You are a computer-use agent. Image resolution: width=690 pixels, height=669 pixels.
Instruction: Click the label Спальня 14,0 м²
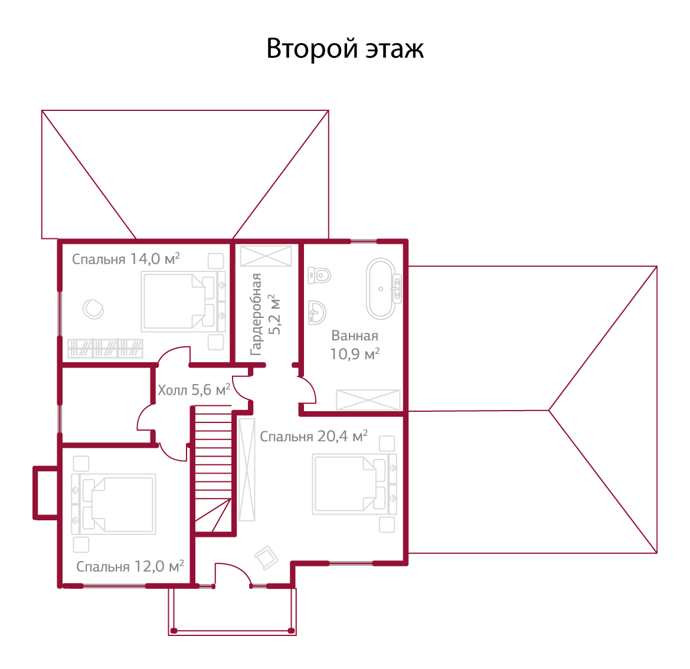[x=126, y=260]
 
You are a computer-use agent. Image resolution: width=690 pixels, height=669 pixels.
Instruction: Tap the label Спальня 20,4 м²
[x=313, y=437]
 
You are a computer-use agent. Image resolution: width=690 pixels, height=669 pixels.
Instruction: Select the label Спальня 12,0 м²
[x=130, y=567]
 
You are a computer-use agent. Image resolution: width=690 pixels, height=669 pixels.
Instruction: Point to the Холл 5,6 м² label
[x=194, y=390]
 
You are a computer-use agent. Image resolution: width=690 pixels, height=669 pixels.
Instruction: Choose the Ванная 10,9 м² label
[x=354, y=345]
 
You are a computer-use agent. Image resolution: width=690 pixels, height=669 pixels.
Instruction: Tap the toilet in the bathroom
[x=320, y=275]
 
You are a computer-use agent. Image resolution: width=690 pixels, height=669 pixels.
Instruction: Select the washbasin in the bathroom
[x=317, y=311]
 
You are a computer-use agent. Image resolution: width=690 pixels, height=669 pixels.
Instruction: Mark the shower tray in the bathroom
[x=368, y=400]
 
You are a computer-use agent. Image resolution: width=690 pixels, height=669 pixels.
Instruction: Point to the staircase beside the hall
[x=213, y=466]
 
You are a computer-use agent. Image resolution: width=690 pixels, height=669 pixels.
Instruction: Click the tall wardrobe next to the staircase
[x=247, y=469]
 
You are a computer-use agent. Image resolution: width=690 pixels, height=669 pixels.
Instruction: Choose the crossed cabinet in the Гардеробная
[x=266, y=256]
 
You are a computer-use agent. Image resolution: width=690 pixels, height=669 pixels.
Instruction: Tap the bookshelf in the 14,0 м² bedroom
[x=106, y=348]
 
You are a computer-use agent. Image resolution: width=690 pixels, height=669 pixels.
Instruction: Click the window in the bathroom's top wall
[x=363, y=241]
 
